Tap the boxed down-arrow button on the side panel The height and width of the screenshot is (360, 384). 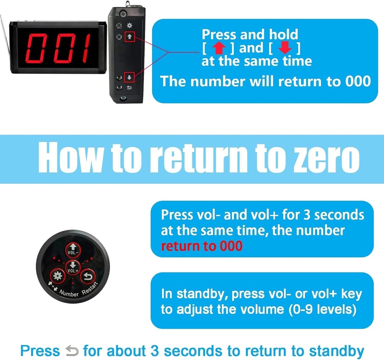(129, 77)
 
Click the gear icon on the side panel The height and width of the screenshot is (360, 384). (129, 25)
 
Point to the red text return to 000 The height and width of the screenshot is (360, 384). (202, 246)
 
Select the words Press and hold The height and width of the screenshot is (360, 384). (250, 35)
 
